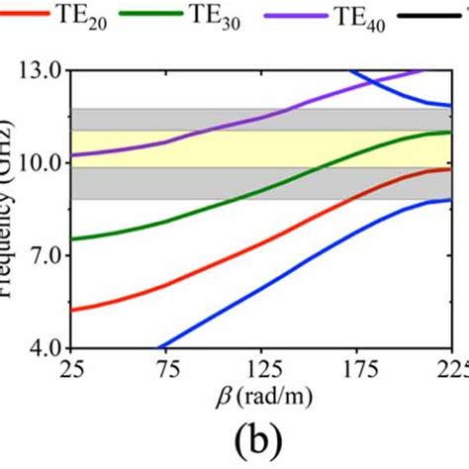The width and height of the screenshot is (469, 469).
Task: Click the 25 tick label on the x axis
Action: tap(70, 370)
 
